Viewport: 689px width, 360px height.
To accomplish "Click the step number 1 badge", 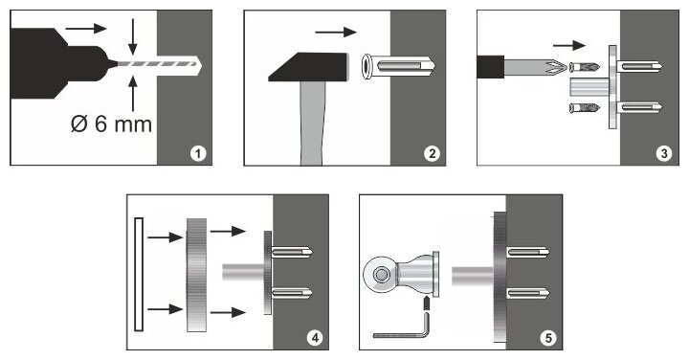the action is point(198,153).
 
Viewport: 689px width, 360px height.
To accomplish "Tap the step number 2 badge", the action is point(432,153).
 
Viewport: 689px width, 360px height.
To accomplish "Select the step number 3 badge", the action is point(664,153).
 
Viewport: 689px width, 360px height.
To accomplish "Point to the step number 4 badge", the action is point(315,338).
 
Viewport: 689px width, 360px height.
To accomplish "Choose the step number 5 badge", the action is point(548,338).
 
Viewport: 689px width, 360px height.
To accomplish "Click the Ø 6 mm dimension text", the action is point(111,124).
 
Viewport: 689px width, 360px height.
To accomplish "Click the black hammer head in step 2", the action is point(308,67).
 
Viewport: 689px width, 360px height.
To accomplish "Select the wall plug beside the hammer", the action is point(398,66).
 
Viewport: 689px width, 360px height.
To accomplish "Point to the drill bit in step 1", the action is point(159,64).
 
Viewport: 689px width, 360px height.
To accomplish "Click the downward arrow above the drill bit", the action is point(133,36).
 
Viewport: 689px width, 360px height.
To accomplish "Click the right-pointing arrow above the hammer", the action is point(336,32).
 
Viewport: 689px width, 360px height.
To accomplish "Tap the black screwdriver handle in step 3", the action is point(490,67).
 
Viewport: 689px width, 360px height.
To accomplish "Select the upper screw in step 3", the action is point(585,68).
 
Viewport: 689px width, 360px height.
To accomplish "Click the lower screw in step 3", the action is point(585,107).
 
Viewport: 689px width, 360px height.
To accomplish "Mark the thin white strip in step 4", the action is point(139,274).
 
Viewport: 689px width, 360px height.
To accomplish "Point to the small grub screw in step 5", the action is point(425,304).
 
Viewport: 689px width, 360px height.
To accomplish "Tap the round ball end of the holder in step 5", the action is point(381,275).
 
